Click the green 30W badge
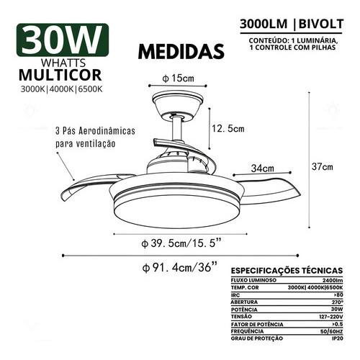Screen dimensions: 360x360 (x=63, y=40)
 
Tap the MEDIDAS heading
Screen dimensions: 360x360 (x=181, y=51)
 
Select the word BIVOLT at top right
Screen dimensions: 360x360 (x=321, y=24)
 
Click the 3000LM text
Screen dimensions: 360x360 (x=264, y=24)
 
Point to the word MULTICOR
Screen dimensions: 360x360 (x=60, y=75)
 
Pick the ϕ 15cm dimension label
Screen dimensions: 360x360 (x=178, y=78)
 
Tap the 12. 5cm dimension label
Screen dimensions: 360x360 (x=228, y=129)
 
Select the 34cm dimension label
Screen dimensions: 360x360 (x=263, y=168)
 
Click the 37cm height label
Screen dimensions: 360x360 (x=323, y=166)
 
